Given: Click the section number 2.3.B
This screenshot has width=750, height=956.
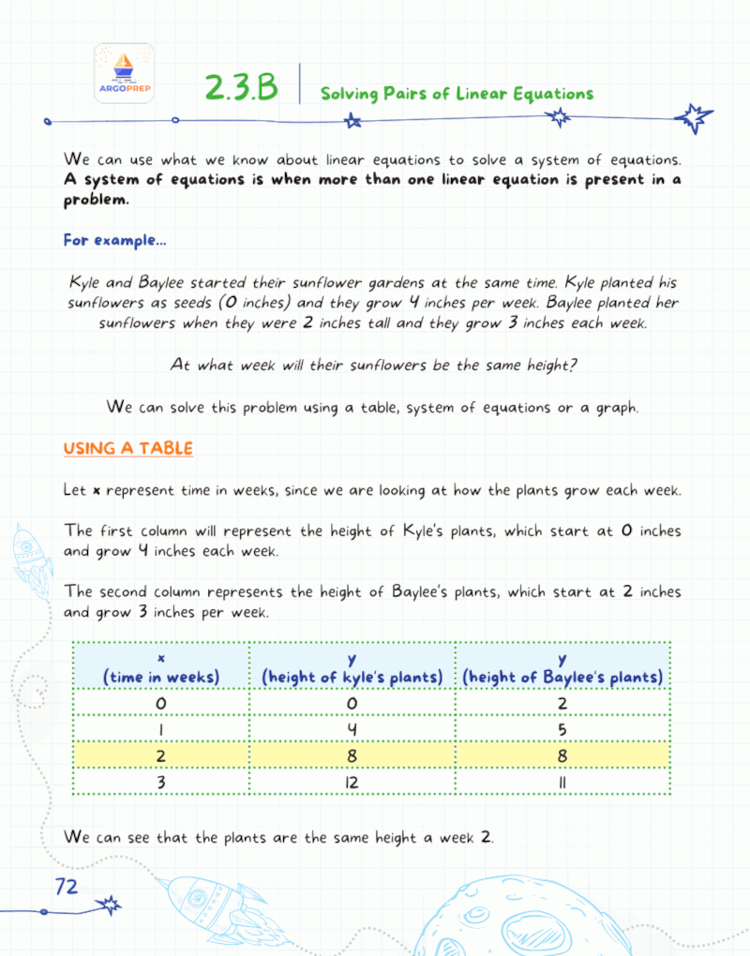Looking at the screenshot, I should click(241, 88).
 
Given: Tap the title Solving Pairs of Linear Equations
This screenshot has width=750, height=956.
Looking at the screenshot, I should click(457, 94).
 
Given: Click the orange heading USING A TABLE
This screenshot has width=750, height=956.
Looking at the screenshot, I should click(127, 449).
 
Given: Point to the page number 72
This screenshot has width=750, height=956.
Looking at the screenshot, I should click(67, 886).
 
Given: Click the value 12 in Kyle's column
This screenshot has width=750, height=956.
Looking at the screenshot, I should click(352, 780).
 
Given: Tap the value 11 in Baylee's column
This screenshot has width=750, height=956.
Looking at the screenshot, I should click(562, 780).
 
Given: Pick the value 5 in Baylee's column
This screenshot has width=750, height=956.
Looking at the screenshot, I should click(562, 727).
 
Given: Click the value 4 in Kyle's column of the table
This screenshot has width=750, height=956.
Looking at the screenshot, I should click(352, 727).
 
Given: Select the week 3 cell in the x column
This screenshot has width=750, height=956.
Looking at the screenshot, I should click(160, 780).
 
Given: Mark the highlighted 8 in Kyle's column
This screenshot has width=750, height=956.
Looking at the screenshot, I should click(352, 754).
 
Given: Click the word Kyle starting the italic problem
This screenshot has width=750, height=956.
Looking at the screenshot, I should click(87, 283).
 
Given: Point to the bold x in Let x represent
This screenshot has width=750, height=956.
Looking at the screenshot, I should click(97, 490).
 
